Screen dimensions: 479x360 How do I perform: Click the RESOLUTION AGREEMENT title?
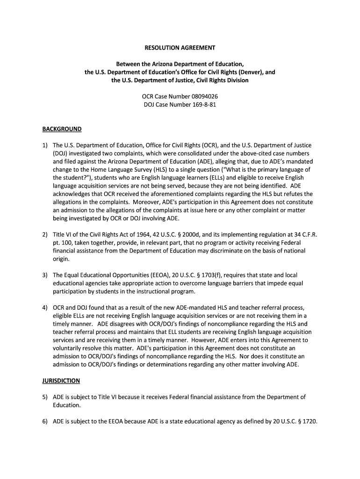coord(180,48)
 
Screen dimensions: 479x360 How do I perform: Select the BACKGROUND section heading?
coord(62,129)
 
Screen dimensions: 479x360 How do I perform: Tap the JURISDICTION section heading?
coord(61,381)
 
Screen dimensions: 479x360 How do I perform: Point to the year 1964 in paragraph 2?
coord(138,235)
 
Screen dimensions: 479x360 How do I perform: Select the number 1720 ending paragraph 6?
coord(309,421)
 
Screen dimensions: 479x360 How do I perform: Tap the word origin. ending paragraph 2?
coord(61,259)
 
